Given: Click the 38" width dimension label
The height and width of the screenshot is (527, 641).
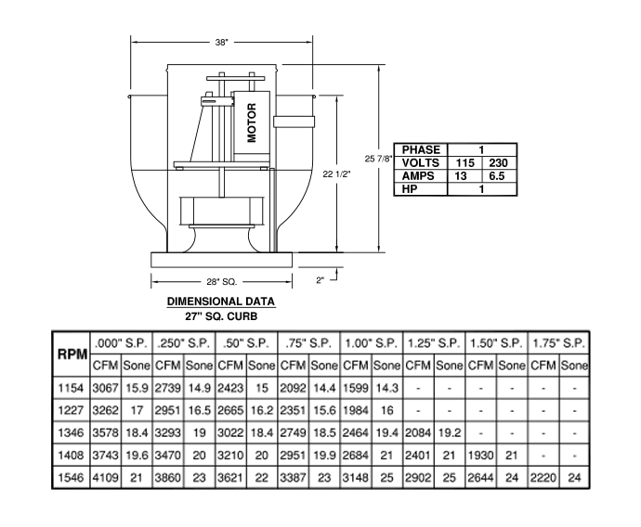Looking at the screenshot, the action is pos(222,43).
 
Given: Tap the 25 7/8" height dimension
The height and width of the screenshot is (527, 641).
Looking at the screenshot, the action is pos(378,159).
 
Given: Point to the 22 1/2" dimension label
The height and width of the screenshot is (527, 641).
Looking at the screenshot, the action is pos(336,174).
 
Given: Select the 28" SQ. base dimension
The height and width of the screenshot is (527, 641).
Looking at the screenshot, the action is pos(222,282).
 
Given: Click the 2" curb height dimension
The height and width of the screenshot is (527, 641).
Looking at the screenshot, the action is pos(320,280).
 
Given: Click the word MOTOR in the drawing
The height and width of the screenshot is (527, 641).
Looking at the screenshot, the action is pos(252,122).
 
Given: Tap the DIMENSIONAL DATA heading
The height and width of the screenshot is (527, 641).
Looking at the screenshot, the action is pos(221,302).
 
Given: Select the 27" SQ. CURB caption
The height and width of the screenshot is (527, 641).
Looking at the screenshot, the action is pos(221,316).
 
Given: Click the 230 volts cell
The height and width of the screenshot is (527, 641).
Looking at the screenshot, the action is pos(498,163).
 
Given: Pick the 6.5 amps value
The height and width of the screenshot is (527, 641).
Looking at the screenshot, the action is pos(497,176).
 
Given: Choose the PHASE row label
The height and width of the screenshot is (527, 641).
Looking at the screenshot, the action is pos(421,149).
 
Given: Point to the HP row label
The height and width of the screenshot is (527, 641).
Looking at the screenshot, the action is pos(410,189).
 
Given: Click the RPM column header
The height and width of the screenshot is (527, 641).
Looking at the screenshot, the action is pos(72,354).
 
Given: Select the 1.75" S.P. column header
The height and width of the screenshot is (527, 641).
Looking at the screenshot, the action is pos(558,343).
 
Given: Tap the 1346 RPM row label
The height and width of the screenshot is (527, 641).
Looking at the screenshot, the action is pos(71,432).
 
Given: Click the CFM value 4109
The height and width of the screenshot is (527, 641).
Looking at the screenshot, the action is pos(106,478).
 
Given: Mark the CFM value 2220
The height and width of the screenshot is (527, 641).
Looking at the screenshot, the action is pos(543,478).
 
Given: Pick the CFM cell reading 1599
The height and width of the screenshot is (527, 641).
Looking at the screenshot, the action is pos(356,388).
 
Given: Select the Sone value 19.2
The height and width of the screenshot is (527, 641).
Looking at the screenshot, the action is pos(450,432).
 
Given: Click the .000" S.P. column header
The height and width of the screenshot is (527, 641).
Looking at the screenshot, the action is pos(121,343).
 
